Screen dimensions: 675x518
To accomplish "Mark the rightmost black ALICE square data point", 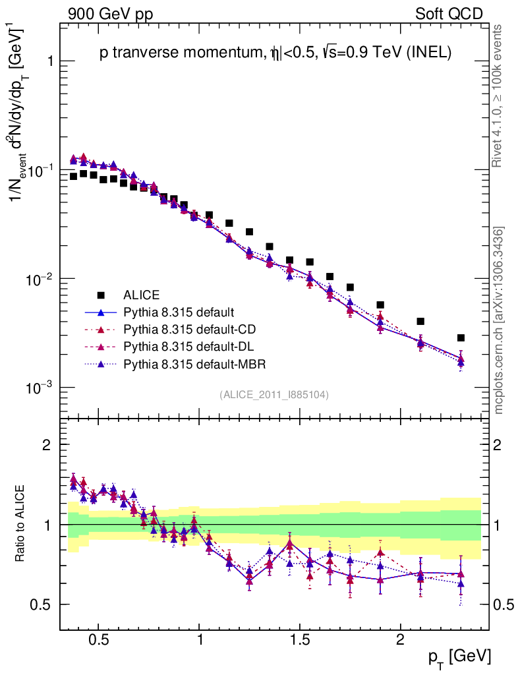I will pos(461,337).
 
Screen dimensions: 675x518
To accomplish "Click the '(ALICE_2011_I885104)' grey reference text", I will pos(274,394).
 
